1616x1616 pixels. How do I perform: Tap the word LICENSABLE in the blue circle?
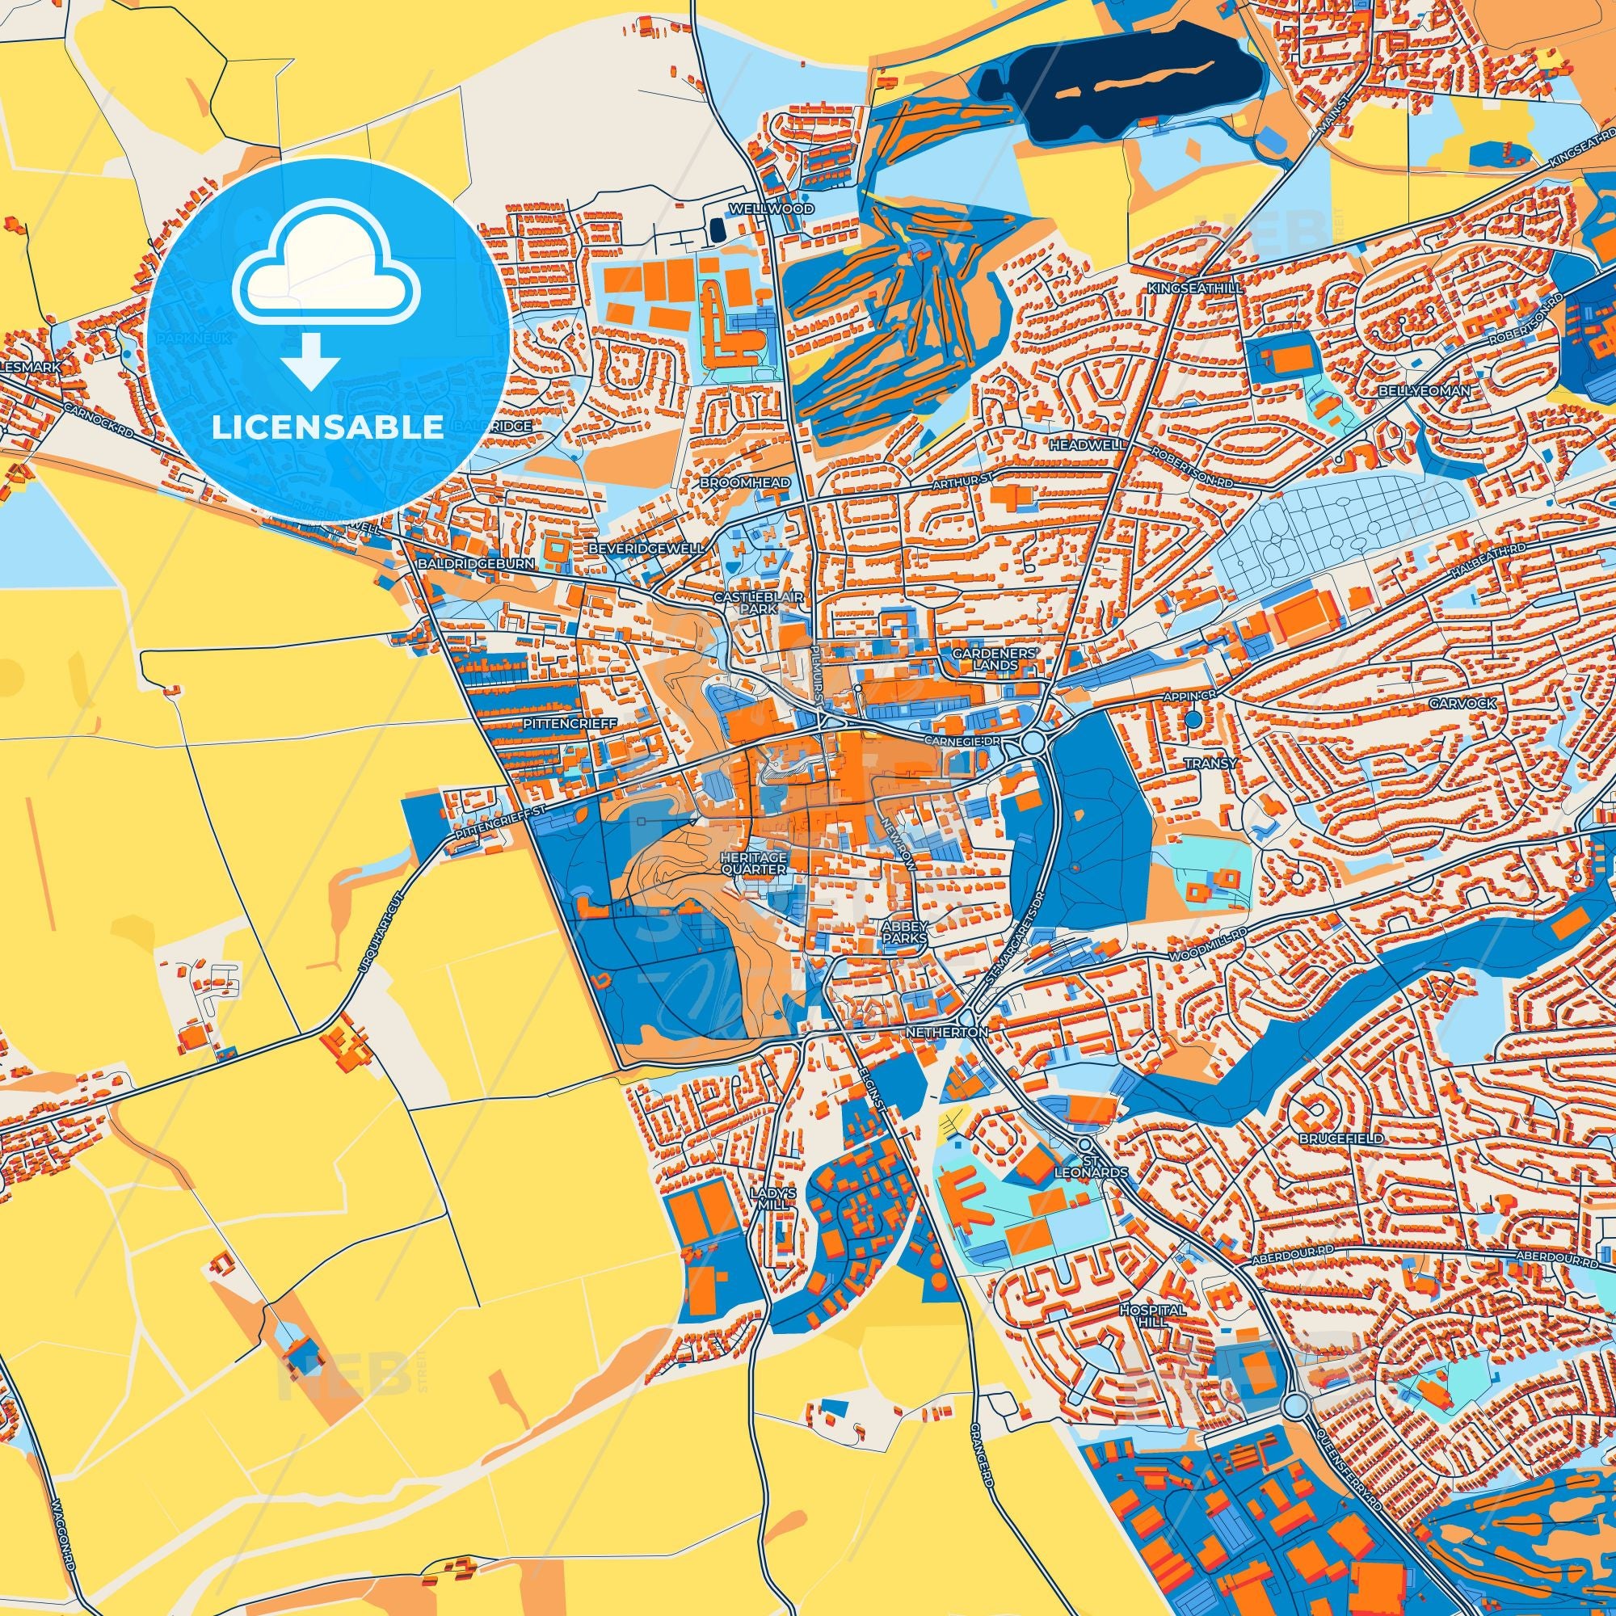point(327,427)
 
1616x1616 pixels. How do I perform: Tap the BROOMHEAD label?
point(734,483)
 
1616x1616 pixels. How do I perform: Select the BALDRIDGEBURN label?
point(477,565)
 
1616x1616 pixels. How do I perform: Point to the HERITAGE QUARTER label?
point(754,863)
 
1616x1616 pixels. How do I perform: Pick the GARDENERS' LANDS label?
point(996,659)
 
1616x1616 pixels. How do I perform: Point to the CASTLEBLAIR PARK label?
point(746,603)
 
